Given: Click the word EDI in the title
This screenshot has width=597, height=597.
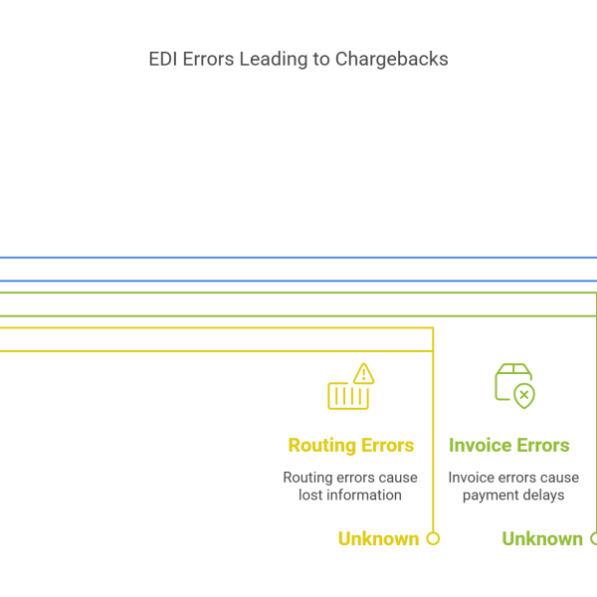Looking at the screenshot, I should click(x=162, y=60).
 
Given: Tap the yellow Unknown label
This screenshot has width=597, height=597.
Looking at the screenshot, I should click(x=378, y=539).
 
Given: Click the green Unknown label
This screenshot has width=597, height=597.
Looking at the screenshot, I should click(x=542, y=539).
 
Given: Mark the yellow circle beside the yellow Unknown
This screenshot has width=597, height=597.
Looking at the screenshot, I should click(x=433, y=539).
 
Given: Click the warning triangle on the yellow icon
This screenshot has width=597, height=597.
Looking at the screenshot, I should click(x=363, y=374).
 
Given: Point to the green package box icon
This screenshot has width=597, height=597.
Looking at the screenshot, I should click(x=510, y=380).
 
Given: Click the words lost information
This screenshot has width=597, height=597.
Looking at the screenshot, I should click(x=350, y=496).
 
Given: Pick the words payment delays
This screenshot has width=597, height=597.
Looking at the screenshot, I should click(x=513, y=496).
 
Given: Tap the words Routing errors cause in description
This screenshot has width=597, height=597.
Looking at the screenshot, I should click(x=350, y=478).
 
